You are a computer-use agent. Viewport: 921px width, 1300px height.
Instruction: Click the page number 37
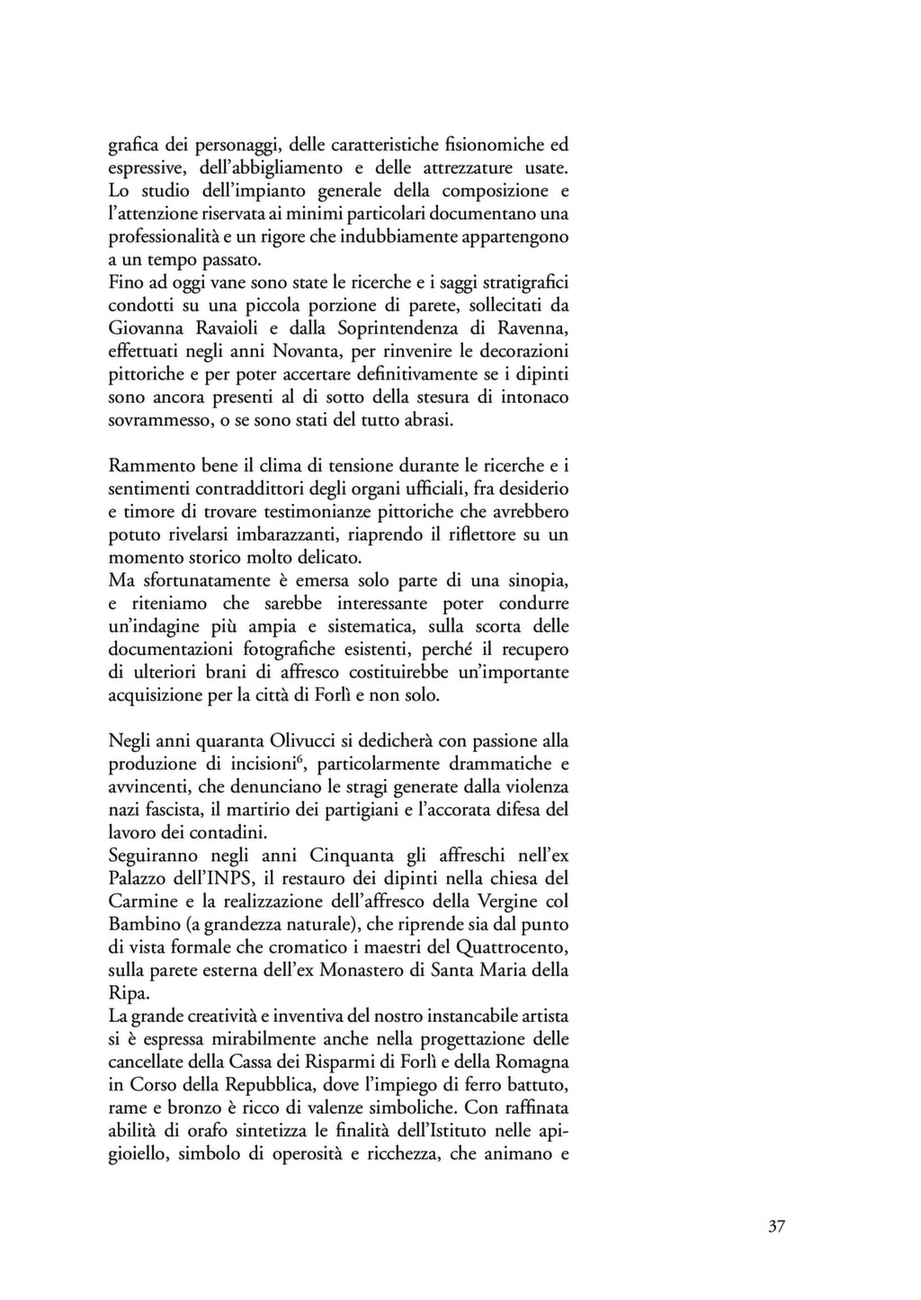[x=777, y=1226]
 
